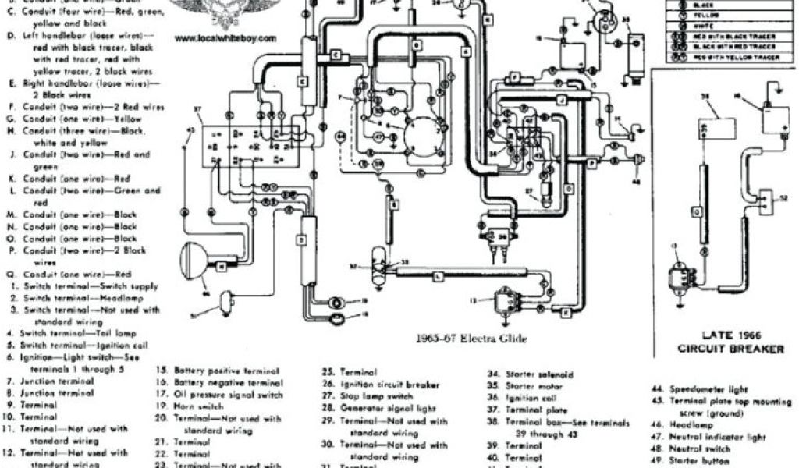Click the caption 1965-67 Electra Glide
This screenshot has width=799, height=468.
473,339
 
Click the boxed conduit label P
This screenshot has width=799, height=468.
591,162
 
